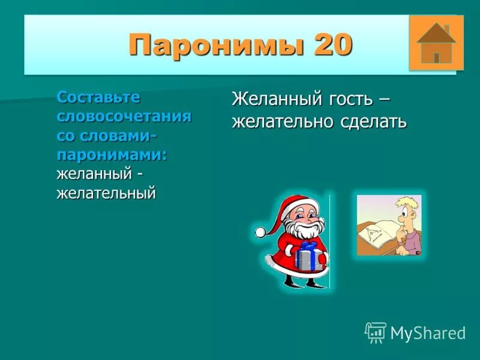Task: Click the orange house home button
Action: click(x=436, y=43)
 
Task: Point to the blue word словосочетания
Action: click(x=124, y=116)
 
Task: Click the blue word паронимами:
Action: click(x=112, y=154)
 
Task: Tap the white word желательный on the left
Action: click(x=106, y=193)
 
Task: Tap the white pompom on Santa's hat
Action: click(x=260, y=232)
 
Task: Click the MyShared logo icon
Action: click(x=375, y=332)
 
